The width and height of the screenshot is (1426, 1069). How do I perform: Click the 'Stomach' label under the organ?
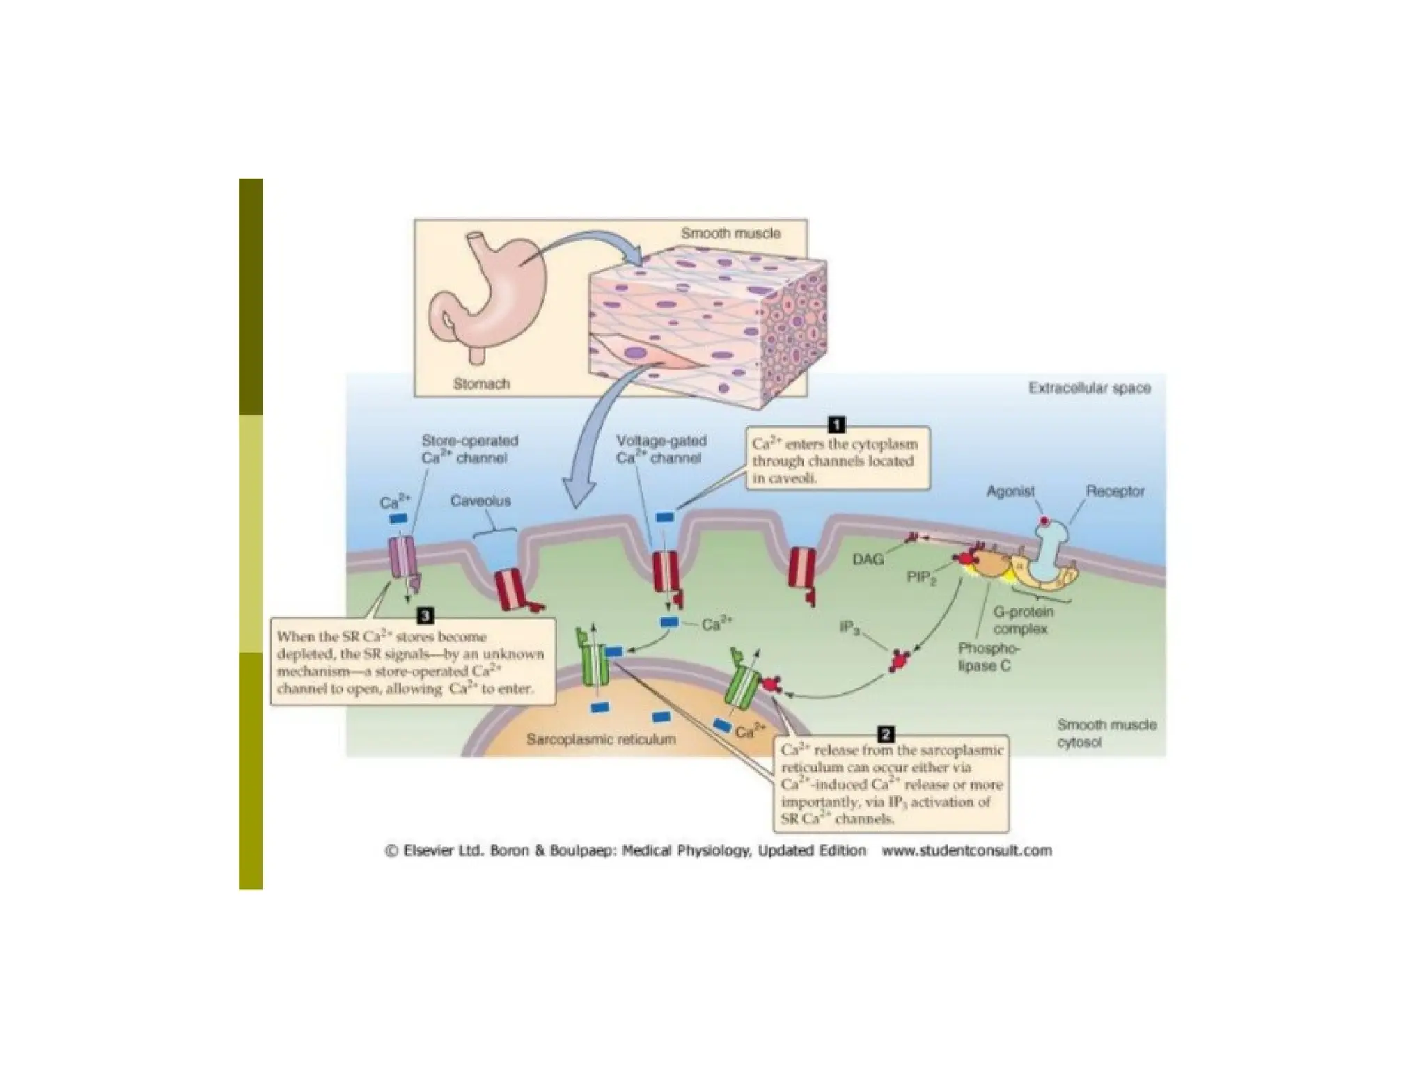click(x=481, y=383)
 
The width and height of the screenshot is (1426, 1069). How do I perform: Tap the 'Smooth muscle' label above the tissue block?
click(x=730, y=233)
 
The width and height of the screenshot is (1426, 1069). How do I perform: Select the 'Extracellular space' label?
click(x=1090, y=388)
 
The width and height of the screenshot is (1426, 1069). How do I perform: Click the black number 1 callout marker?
click(x=836, y=425)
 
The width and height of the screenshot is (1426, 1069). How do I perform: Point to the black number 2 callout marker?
click(x=886, y=734)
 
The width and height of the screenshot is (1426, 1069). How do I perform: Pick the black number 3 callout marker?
click(x=425, y=615)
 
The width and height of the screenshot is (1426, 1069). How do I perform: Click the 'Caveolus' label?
click(x=480, y=500)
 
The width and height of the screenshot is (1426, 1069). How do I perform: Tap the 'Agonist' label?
click(x=1010, y=491)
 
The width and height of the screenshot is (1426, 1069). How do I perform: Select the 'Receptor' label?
click(x=1115, y=491)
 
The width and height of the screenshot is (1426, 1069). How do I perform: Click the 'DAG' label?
click(x=868, y=559)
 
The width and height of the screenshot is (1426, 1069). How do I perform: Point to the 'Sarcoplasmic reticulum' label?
click(x=601, y=739)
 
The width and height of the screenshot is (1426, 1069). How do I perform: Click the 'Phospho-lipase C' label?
click(x=989, y=657)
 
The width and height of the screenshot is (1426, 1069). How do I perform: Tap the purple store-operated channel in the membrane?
click(x=403, y=559)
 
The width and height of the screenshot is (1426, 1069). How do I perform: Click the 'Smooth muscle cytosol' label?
click(x=1106, y=734)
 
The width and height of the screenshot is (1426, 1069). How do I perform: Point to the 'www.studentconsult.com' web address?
click(x=966, y=850)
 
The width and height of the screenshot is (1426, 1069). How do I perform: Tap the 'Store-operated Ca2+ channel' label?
click(x=469, y=449)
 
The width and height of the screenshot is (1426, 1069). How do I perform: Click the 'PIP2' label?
click(x=921, y=578)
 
